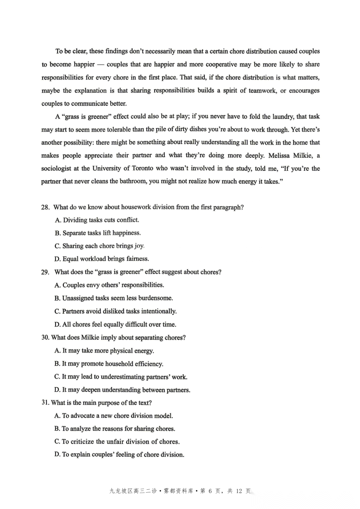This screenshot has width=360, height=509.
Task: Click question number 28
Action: [45, 207]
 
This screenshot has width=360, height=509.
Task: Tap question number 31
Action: [45, 403]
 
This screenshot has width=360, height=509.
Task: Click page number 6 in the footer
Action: [210, 491]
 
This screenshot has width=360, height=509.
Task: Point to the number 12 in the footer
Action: [239, 491]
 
